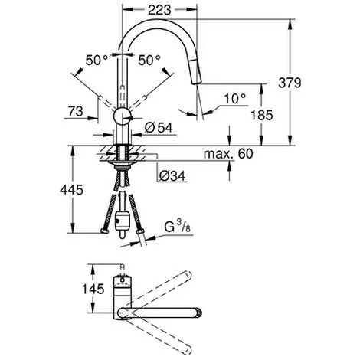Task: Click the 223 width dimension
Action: click(x=159, y=10)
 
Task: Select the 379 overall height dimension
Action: click(x=290, y=83)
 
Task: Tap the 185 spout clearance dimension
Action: click(x=261, y=115)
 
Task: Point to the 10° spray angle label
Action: click(x=235, y=99)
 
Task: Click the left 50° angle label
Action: click(x=97, y=61)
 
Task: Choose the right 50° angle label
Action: click(x=149, y=61)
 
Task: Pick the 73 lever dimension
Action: click(x=76, y=111)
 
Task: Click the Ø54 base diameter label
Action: click(x=159, y=128)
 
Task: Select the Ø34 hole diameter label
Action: click(x=172, y=175)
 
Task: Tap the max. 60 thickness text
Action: click(x=228, y=154)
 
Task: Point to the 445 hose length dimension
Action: click(x=71, y=190)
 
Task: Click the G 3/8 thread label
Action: click(x=178, y=227)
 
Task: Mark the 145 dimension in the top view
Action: click(x=93, y=289)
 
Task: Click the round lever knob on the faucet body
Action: click(x=123, y=116)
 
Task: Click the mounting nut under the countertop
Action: click(x=123, y=164)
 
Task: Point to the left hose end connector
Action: click(x=104, y=231)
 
